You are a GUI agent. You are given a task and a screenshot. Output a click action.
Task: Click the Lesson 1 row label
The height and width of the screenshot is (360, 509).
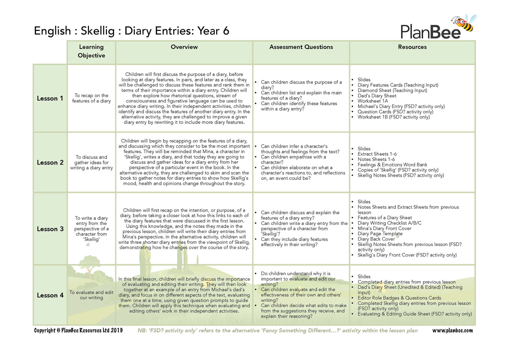(x=50, y=98)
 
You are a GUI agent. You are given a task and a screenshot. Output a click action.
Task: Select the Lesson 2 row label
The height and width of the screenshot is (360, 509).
(x=50, y=163)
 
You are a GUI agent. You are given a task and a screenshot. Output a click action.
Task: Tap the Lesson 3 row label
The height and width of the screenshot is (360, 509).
(x=50, y=229)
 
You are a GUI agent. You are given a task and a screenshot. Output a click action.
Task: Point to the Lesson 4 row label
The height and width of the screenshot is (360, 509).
(x=50, y=295)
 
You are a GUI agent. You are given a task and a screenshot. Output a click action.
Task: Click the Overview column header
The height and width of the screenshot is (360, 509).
(x=184, y=47)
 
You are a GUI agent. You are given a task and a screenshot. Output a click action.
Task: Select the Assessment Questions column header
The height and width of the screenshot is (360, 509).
(x=301, y=47)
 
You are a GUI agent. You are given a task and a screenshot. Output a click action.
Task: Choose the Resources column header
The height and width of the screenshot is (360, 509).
(x=412, y=47)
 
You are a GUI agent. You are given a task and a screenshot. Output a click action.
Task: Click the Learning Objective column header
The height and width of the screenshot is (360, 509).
(x=91, y=51)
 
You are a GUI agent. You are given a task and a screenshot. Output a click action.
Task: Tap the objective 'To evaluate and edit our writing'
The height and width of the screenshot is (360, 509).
(x=91, y=295)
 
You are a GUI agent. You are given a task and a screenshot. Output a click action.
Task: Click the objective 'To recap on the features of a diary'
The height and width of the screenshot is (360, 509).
(x=91, y=98)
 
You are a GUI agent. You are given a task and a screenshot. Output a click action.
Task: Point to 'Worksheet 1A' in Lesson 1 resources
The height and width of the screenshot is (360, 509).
(x=373, y=101)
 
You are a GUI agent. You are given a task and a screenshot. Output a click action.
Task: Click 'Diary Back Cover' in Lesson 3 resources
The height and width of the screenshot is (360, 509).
(x=376, y=239)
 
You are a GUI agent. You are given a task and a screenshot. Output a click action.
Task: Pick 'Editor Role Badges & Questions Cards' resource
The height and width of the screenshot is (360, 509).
(x=399, y=298)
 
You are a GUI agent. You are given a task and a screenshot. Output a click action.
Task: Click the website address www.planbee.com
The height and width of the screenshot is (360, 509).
(x=452, y=330)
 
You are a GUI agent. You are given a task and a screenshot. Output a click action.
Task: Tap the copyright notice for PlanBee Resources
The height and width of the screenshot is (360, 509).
(x=78, y=330)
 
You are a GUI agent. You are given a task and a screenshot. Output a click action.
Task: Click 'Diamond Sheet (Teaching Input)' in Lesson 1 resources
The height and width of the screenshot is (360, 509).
(x=392, y=90)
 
